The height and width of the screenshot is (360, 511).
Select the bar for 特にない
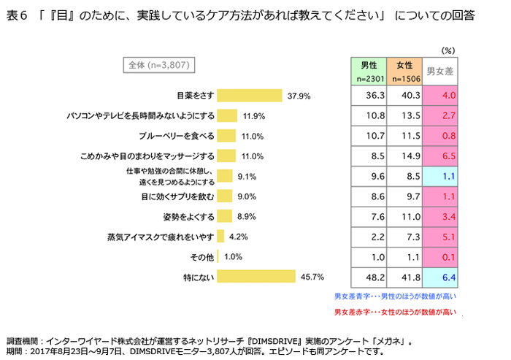pos(256,277)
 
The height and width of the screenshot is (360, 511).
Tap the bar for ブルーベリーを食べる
pos(226,136)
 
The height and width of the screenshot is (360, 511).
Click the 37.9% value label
pos(299,96)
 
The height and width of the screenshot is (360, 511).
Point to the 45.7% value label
pos(312,277)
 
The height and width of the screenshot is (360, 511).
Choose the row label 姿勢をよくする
pos(188,217)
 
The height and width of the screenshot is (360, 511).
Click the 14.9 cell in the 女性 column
pos(405,156)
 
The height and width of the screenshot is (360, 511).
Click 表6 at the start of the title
pos(17,15)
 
